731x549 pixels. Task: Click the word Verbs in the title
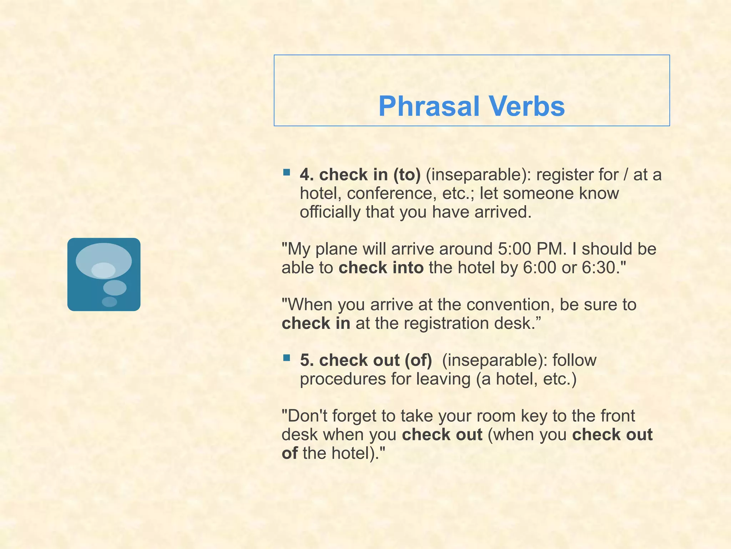coord(527,107)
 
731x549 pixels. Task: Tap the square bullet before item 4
coord(286,173)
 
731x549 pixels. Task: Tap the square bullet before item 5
coord(286,358)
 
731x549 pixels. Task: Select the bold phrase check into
coord(381,268)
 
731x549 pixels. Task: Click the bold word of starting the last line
coord(289,454)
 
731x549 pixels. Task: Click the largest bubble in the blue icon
coord(104,259)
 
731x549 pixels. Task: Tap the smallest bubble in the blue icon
coord(109,302)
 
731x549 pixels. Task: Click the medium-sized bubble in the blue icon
coord(115,287)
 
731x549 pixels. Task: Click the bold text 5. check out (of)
coord(366,360)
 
